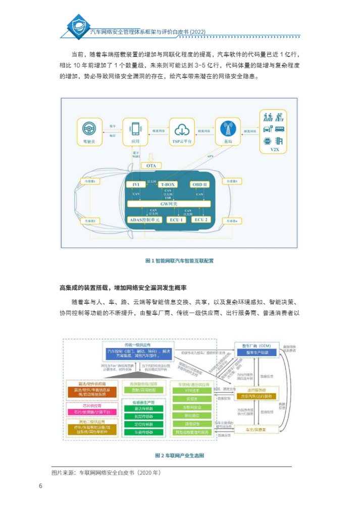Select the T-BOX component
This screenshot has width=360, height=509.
168,185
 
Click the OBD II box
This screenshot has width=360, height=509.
199,185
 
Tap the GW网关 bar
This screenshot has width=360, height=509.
168,203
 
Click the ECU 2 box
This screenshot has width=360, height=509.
200,220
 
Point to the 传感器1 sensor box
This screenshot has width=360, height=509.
91,180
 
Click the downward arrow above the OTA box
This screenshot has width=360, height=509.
150,156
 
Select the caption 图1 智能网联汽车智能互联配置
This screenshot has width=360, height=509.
179,261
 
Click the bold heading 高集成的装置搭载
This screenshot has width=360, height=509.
86,288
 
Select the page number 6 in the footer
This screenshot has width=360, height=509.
40,486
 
